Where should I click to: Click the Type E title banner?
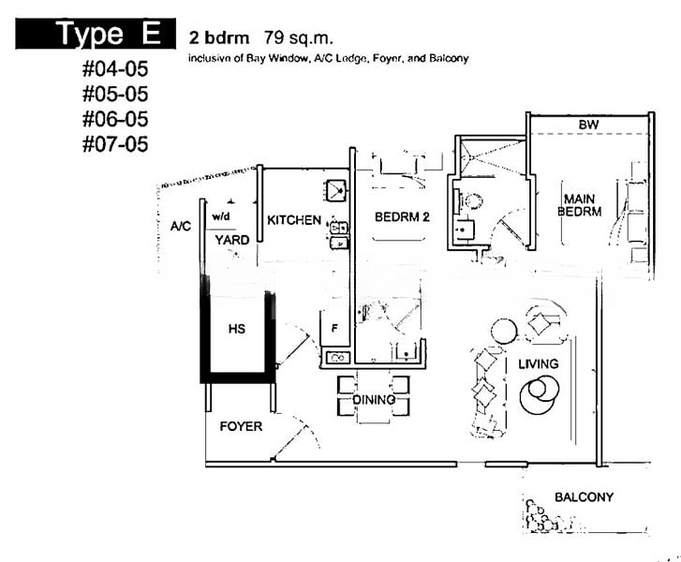coord(96,34)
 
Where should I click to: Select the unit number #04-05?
coord(115,68)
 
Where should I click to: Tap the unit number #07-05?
coord(115,143)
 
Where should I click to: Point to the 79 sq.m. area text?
coord(299,38)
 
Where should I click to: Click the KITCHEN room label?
coord(294,220)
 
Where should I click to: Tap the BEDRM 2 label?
coord(402,216)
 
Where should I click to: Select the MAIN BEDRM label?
coord(580,205)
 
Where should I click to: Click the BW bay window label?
coord(588,126)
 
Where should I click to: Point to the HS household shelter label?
coord(237,329)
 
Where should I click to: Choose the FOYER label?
coord(241,426)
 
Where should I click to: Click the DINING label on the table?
coord(374,400)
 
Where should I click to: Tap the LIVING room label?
coord(538,363)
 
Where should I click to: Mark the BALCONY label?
coord(585,496)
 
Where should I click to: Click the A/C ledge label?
coord(180,227)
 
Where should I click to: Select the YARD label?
coord(232,240)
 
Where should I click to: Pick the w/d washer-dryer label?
coord(221,216)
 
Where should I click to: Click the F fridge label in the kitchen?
coord(334,329)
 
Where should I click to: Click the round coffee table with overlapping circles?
coord(540,394)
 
